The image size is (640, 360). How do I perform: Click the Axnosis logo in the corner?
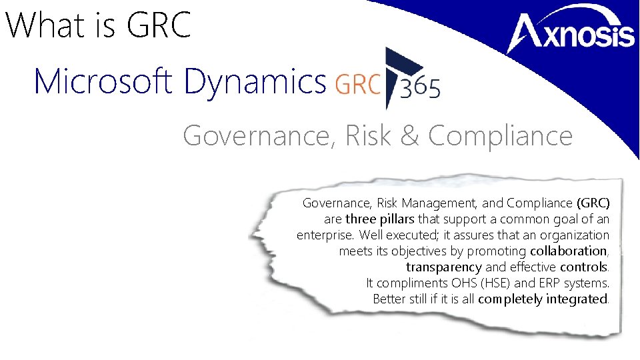[572, 33]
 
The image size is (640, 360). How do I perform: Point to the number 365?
[420, 88]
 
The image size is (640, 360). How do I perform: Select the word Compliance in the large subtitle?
[500, 136]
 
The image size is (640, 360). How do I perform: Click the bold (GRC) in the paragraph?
[593, 203]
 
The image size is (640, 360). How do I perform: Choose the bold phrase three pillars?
[380, 219]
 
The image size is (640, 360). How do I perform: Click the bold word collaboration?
[568, 251]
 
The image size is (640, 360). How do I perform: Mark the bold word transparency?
[444, 267]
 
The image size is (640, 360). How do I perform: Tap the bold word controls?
[584, 267]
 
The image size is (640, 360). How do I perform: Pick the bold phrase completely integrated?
[543, 299]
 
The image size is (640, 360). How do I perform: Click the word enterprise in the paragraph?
[325, 235]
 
